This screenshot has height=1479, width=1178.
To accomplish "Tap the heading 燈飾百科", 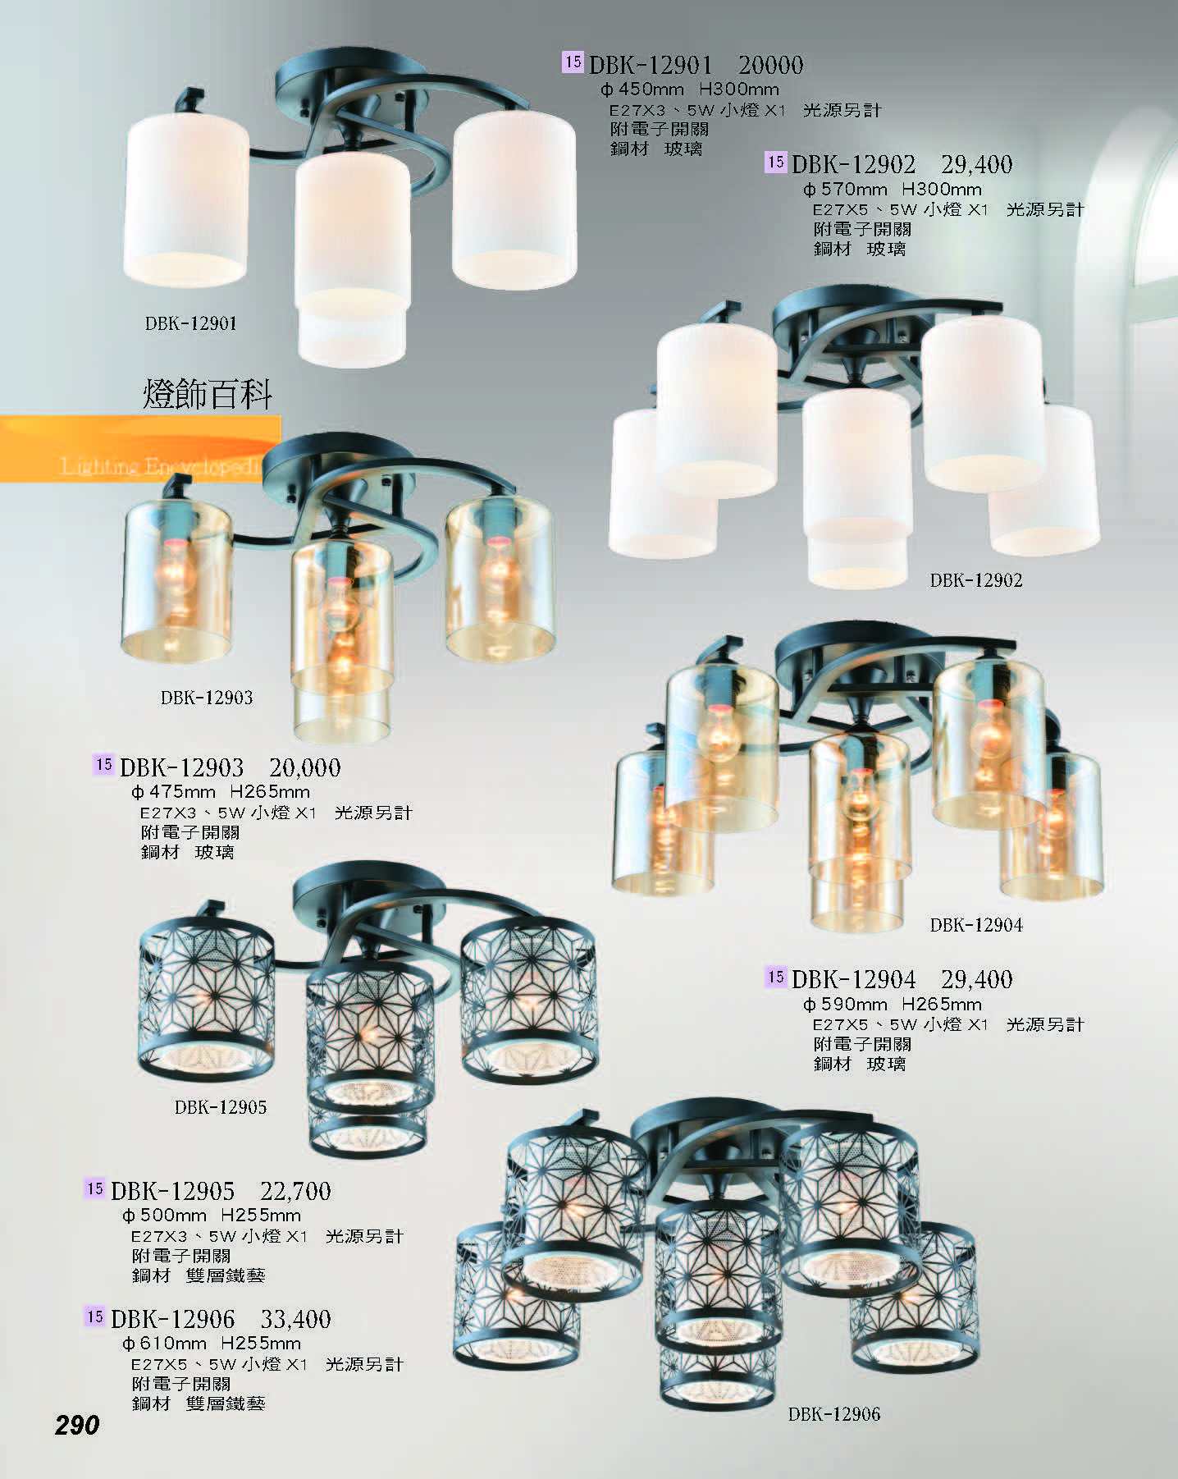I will [208, 395].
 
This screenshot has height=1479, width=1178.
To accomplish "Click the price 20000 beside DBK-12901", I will [770, 65].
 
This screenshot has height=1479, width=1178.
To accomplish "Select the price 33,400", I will [295, 1320].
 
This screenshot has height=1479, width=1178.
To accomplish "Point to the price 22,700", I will [295, 1191].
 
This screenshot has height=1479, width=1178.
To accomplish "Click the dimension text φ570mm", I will [845, 190].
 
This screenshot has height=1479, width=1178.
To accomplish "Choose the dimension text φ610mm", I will [164, 1344].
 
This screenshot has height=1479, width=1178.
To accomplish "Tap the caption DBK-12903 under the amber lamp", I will [207, 698].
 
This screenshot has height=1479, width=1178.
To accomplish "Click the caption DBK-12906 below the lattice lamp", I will [834, 1414].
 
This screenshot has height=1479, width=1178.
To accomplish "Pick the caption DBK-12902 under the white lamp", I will [976, 580].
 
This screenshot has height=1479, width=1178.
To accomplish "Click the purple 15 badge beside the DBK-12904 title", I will [776, 977].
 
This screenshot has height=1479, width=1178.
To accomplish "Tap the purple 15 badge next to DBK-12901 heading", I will [573, 62].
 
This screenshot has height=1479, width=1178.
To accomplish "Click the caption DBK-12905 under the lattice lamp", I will [221, 1107].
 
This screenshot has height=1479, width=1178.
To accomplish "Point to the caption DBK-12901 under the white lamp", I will [191, 323].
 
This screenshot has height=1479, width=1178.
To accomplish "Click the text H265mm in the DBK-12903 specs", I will [270, 792].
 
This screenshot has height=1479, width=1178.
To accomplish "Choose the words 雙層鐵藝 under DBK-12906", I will [226, 1403].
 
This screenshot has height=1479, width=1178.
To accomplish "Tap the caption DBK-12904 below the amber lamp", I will [976, 925].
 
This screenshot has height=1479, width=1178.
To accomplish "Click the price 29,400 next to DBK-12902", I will [976, 165].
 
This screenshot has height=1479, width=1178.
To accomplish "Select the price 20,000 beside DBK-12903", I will [304, 768].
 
